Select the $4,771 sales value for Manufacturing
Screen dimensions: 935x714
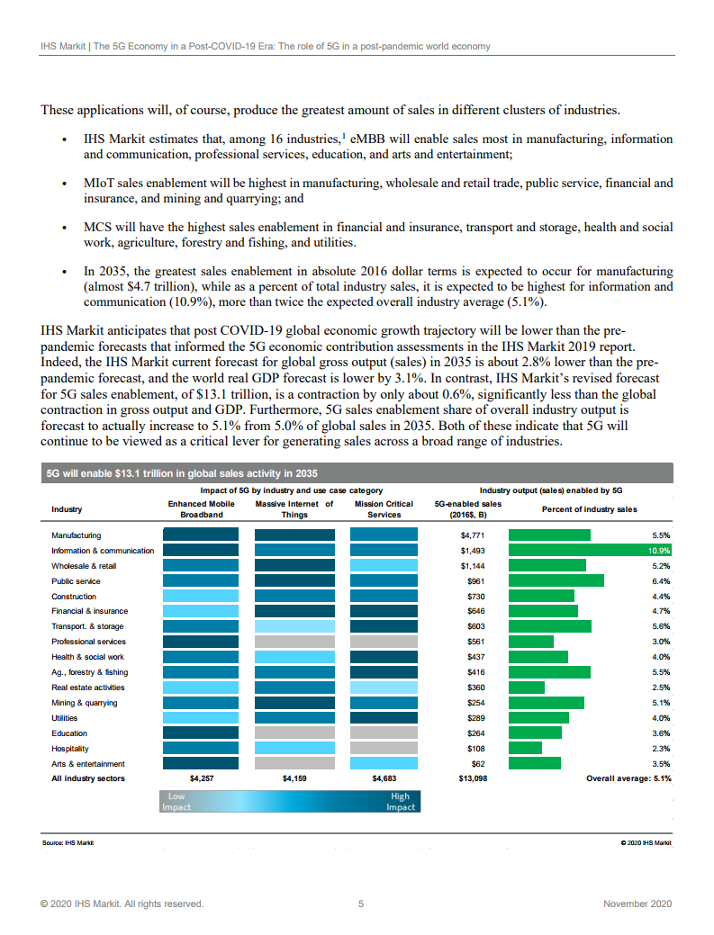coord(473,535)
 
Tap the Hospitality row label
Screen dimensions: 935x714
coord(70,748)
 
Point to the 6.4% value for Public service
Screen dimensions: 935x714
coord(661,581)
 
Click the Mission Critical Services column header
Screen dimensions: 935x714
coord(384,509)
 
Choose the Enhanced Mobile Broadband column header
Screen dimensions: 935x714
coord(201,509)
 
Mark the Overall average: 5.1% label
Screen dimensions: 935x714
coord(628,778)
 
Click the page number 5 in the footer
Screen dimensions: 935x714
coord(361,904)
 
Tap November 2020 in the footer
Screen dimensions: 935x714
coord(637,904)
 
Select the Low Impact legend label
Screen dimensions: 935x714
coord(176,802)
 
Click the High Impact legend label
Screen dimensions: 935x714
coord(401,802)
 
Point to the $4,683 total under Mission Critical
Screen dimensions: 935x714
coord(384,778)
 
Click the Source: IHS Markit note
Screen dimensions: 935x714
coord(68,843)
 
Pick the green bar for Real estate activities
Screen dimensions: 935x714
coord(527,688)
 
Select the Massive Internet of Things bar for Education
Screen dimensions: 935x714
coord(294,733)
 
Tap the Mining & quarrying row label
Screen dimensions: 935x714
coord(85,703)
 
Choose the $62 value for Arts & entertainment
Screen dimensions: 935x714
coord(476,763)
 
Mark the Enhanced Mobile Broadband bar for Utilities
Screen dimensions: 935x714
coord(201,718)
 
